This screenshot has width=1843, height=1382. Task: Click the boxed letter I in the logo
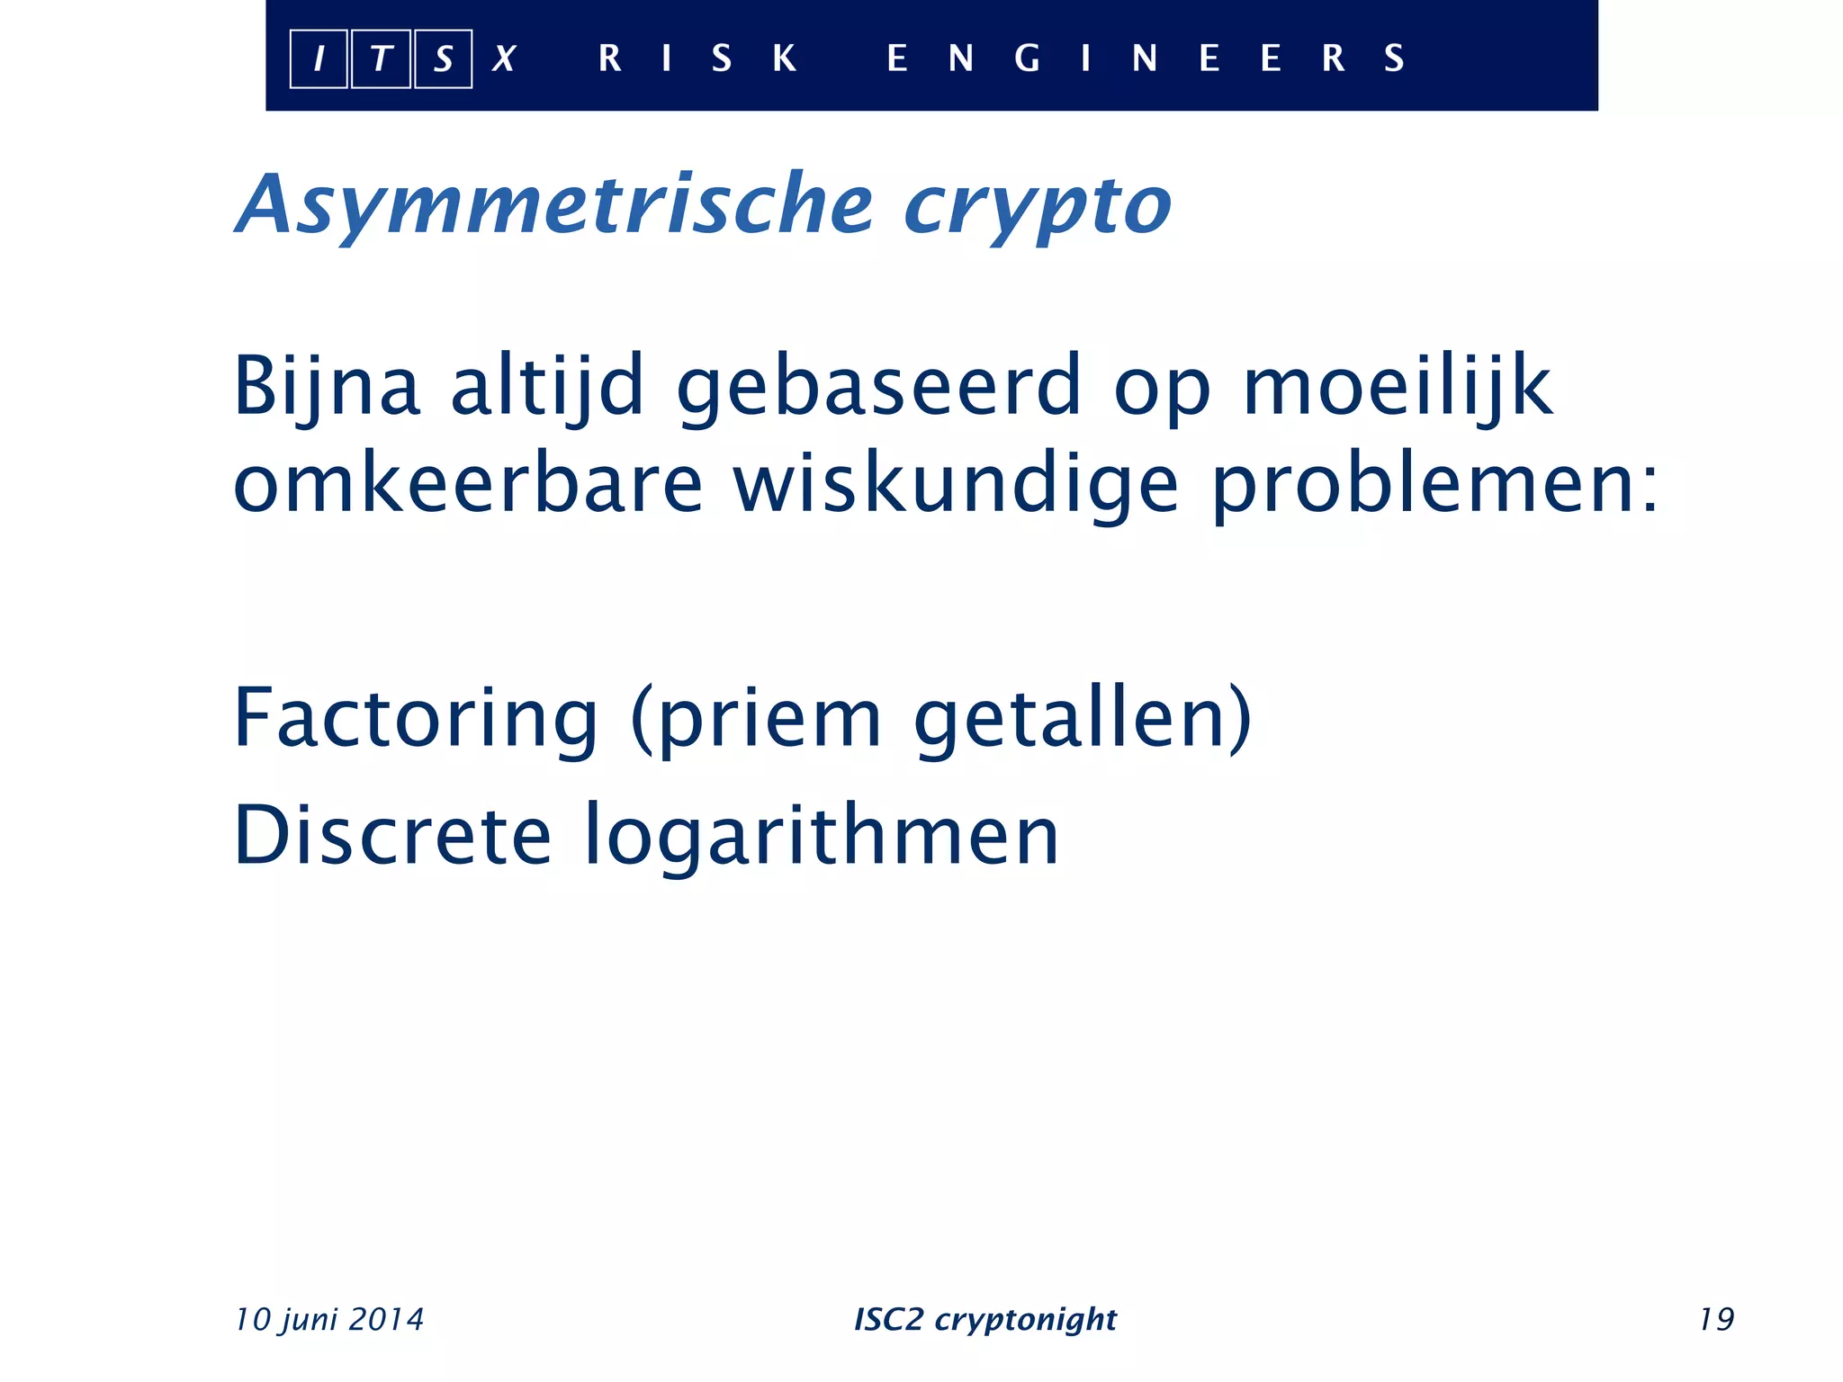tap(319, 59)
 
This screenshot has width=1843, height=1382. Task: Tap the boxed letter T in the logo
tap(381, 59)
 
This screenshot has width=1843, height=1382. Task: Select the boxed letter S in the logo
tap(443, 59)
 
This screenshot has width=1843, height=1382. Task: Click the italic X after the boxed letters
tap(504, 59)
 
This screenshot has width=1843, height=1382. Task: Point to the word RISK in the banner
tap(697, 58)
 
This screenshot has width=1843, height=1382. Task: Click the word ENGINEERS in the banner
tap(1145, 58)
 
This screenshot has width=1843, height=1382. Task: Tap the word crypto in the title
tap(1038, 207)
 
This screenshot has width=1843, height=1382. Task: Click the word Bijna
tap(327, 387)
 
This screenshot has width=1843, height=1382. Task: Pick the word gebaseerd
tap(879, 387)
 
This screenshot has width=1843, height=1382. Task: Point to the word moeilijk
tap(1398, 387)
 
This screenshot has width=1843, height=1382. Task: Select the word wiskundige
tap(956, 486)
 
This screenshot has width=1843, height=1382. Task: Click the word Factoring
tap(416, 719)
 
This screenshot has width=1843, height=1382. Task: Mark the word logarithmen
tap(822, 837)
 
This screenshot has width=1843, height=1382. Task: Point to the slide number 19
tap(1716, 1319)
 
